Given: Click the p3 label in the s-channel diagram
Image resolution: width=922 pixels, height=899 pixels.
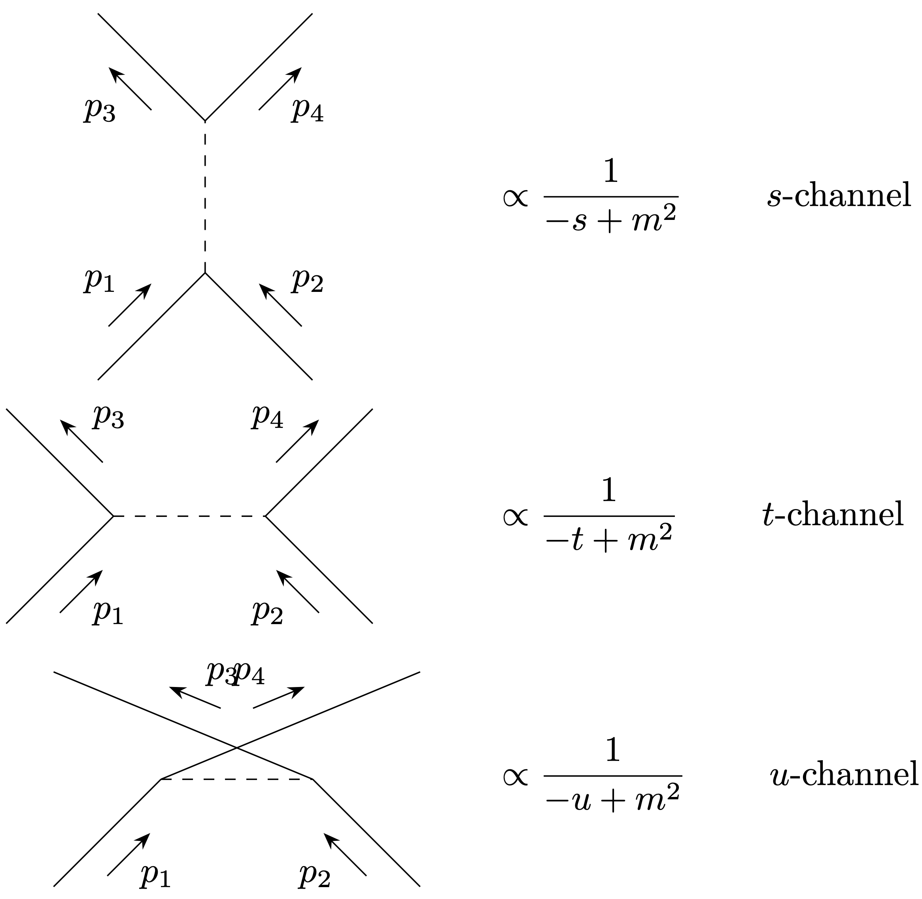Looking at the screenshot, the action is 100,110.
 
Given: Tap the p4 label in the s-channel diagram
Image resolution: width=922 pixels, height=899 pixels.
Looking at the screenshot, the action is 307,110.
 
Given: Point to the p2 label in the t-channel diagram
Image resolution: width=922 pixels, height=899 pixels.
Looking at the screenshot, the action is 268,612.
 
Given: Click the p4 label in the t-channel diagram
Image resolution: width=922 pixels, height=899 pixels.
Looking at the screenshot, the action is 268,416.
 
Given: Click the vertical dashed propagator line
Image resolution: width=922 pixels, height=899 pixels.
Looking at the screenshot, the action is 205,197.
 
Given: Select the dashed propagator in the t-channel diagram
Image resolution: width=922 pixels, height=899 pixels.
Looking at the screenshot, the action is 189,516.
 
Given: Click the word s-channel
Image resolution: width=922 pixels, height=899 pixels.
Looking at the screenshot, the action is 839,195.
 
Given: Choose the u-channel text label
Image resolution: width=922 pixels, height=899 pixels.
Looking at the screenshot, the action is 844,774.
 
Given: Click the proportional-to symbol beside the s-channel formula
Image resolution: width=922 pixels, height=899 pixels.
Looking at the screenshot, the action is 515,197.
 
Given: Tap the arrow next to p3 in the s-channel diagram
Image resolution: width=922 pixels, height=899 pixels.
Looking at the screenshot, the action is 130,88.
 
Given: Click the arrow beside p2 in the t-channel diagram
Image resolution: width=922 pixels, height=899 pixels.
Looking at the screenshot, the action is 297,591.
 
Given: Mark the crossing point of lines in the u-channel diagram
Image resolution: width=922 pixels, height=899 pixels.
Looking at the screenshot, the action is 236,748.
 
